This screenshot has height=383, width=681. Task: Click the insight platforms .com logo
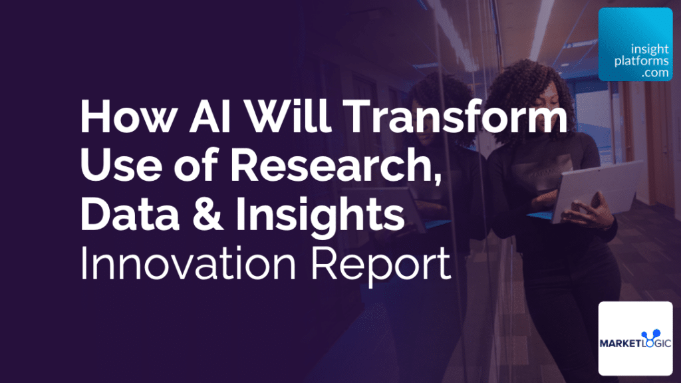tap(634, 45)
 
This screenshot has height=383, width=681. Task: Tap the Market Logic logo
tap(635, 338)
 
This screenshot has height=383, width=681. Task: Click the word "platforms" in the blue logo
tap(637, 63)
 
